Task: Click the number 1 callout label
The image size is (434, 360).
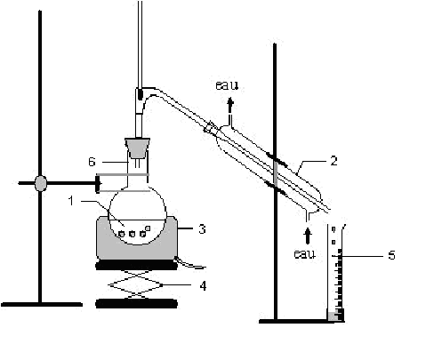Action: point(71,201)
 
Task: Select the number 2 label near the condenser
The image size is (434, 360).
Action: point(334,161)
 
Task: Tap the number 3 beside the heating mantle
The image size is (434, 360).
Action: point(202,228)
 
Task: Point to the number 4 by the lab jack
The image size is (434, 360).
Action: point(203,286)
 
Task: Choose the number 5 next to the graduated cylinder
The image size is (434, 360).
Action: point(391,255)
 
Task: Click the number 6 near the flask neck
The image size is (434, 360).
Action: point(92,162)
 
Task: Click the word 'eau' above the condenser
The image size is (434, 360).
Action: point(227,85)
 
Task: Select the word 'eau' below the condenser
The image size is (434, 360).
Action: point(305,254)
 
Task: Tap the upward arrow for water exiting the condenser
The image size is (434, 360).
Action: point(230,106)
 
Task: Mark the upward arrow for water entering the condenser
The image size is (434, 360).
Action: point(308,236)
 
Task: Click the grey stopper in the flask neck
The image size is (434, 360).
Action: point(137,148)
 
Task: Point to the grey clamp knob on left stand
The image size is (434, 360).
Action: point(41,183)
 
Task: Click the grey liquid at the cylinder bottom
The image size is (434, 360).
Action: point(334,316)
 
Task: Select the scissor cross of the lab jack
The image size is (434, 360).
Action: point(136,285)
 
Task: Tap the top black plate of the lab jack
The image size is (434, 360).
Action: point(137,266)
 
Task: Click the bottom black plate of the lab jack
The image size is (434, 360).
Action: point(137,304)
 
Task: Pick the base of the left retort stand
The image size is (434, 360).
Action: point(42,304)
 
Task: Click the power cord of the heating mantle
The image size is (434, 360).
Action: point(190,264)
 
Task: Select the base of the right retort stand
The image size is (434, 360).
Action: point(296,321)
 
